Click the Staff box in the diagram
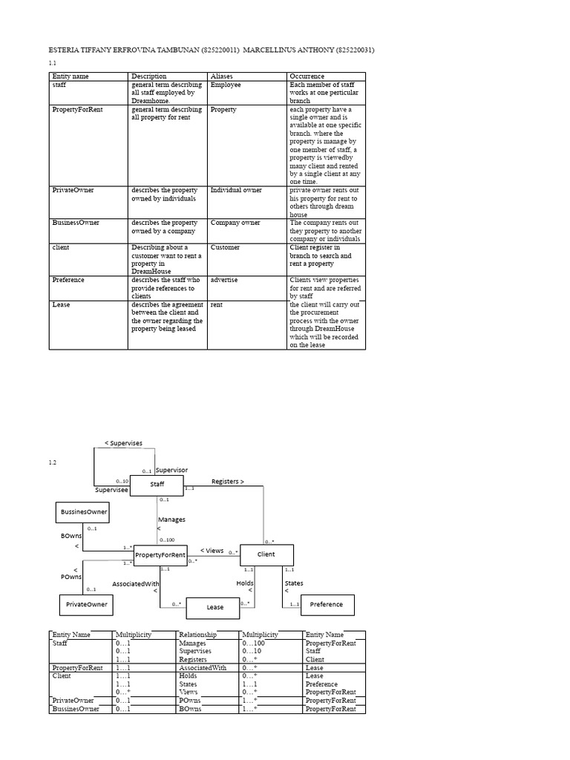(x=157, y=485)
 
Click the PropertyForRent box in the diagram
(x=160, y=555)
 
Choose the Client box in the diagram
(x=266, y=554)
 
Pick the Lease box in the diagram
(x=214, y=607)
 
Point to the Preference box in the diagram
(x=327, y=604)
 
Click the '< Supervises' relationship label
(x=123, y=443)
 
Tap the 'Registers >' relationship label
(x=228, y=482)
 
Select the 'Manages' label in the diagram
(x=171, y=520)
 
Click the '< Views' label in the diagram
(x=212, y=550)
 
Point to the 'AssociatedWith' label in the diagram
(x=136, y=584)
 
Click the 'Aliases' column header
(x=222, y=76)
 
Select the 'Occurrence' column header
(x=307, y=76)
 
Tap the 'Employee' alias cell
(x=226, y=85)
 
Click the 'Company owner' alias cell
(x=235, y=223)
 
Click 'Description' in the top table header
(x=148, y=76)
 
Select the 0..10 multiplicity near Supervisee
(x=122, y=481)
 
